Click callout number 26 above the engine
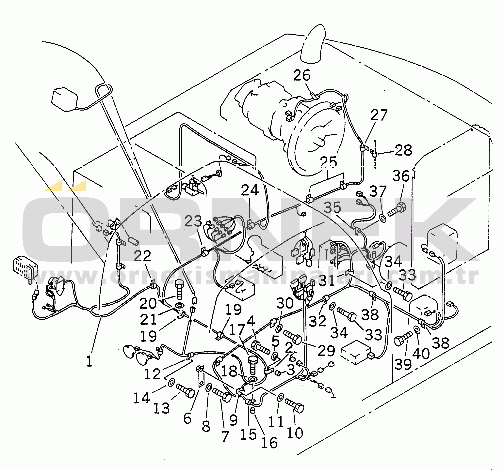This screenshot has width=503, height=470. point(302,75)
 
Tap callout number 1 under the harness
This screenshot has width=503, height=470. point(89,361)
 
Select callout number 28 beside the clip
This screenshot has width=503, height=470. point(404,150)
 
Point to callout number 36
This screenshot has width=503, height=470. point(401,176)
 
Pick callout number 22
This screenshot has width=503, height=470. point(142,256)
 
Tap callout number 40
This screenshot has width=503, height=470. point(421,354)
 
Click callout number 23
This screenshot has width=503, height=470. point(193,221)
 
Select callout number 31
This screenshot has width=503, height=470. point(326,280)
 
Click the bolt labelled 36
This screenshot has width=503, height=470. point(397,210)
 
